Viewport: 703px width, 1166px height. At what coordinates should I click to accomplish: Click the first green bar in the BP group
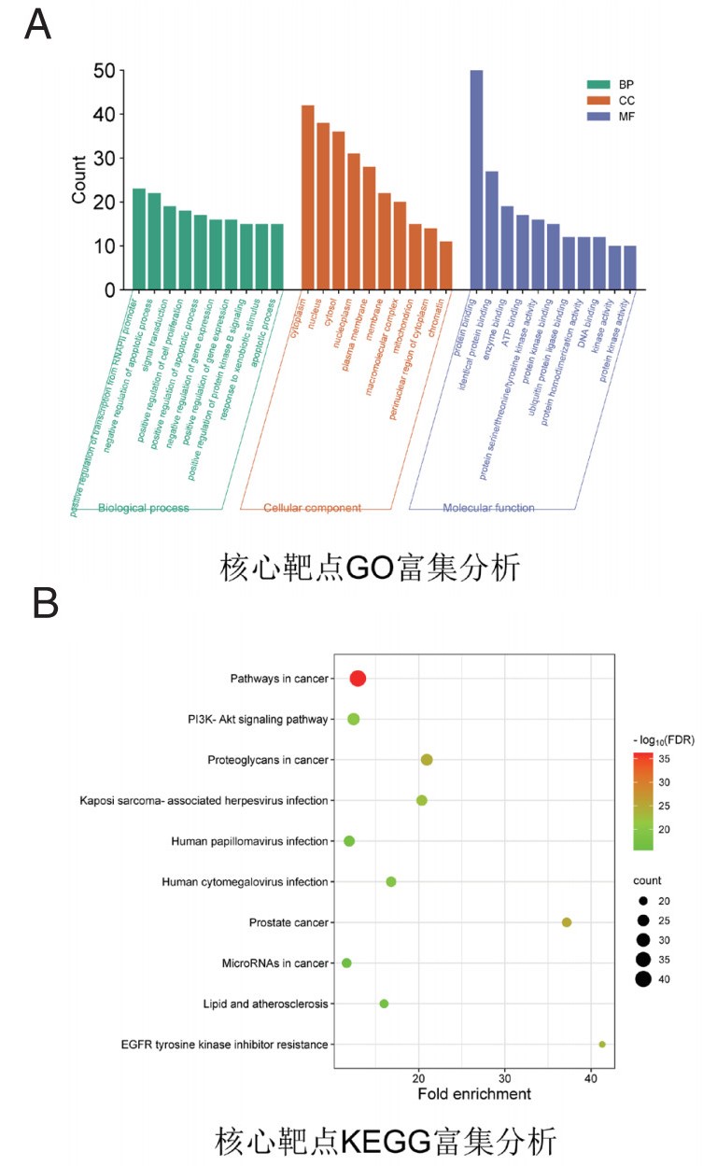tap(139, 239)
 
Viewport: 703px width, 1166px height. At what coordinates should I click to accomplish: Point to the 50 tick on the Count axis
tap(104, 71)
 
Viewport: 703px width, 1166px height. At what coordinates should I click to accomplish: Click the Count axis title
tap(80, 180)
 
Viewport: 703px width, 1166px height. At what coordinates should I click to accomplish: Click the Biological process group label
tap(144, 508)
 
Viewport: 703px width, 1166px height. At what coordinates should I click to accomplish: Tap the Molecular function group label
tap(488, 508)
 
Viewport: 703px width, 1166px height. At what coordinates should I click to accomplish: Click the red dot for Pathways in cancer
tap(358, 679)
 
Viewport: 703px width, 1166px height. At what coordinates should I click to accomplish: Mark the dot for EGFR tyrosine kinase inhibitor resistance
tap(602, 1045)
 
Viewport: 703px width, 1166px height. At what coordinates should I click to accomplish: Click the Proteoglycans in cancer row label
tap(268, 760)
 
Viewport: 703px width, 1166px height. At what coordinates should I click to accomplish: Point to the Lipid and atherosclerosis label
tap(265, 1004)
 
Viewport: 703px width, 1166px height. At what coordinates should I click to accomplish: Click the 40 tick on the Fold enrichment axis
tap(591, 1077)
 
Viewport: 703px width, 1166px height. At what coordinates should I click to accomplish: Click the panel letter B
tap(45, 604)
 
